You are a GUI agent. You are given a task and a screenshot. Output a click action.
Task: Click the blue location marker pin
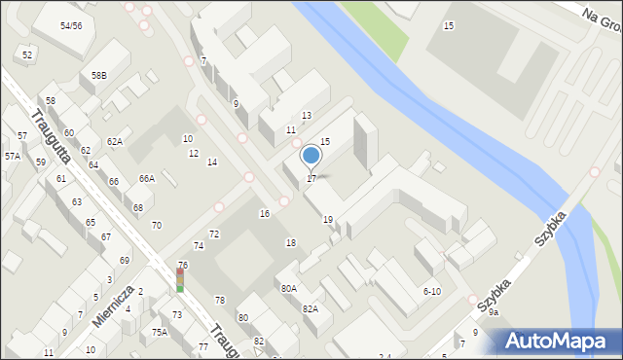311,156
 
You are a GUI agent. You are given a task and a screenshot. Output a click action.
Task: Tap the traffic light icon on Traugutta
180,280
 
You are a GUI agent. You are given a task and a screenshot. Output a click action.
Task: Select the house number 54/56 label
70,26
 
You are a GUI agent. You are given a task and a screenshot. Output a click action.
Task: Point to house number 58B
99,75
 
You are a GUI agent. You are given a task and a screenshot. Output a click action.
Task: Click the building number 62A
115,142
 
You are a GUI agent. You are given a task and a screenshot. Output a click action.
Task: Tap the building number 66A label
146,178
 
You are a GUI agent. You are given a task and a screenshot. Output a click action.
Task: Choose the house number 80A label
289,288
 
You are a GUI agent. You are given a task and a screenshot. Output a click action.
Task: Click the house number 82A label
310,308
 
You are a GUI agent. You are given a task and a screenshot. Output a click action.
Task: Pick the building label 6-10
432,291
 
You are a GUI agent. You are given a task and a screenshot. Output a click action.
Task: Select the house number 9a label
494,312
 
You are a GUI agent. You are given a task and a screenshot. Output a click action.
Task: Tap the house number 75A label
159,332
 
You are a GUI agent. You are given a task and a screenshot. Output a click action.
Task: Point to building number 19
328,220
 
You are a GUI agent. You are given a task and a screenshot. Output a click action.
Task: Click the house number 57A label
12,156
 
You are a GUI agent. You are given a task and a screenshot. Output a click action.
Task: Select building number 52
27,55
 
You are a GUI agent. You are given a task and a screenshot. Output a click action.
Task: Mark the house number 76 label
183,266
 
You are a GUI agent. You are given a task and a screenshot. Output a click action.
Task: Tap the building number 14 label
211,162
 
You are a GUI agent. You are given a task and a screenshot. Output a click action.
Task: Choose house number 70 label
156,225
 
